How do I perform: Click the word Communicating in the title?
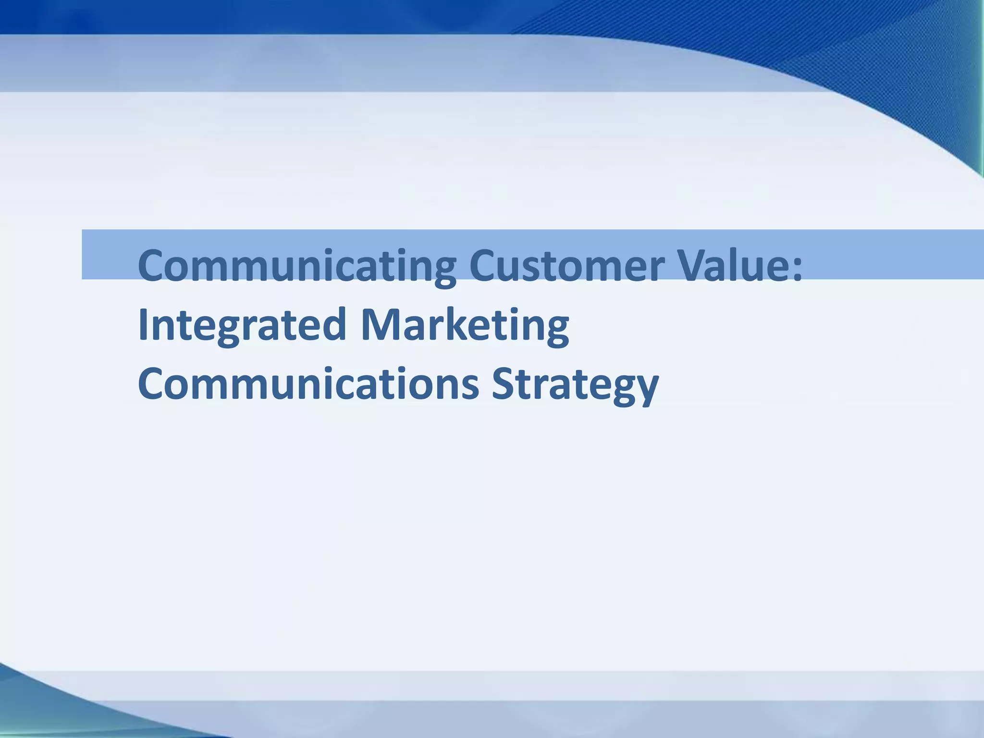click(296, 266)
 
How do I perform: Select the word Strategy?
click(575, 384)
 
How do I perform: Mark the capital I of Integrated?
click(143, 325)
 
